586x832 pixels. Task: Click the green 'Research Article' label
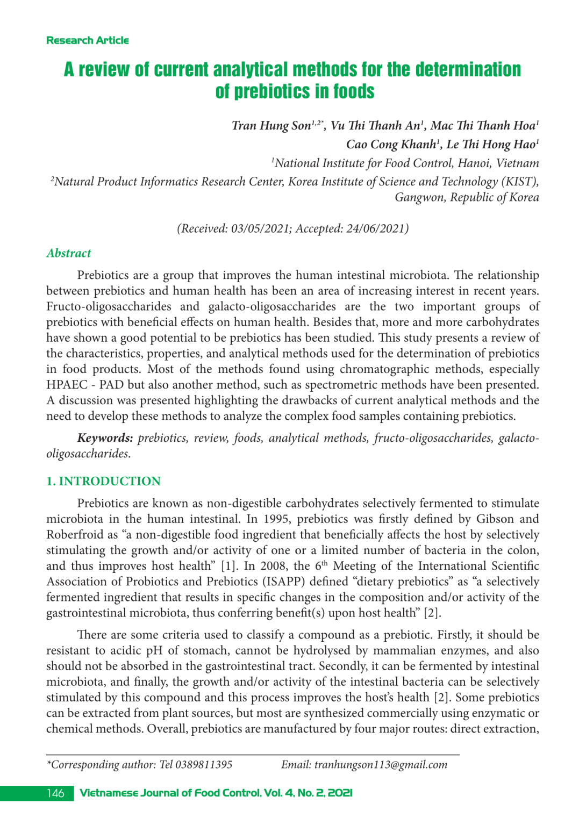point(88,40)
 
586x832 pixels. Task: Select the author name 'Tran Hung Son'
point(271,126)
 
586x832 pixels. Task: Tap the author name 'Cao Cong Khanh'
point(390,145)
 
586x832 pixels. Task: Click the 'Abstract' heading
point(69,253)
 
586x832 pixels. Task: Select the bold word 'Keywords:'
point(105,438)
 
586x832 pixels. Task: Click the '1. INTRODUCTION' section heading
point(104,481)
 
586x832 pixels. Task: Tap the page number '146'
point(55,793)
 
